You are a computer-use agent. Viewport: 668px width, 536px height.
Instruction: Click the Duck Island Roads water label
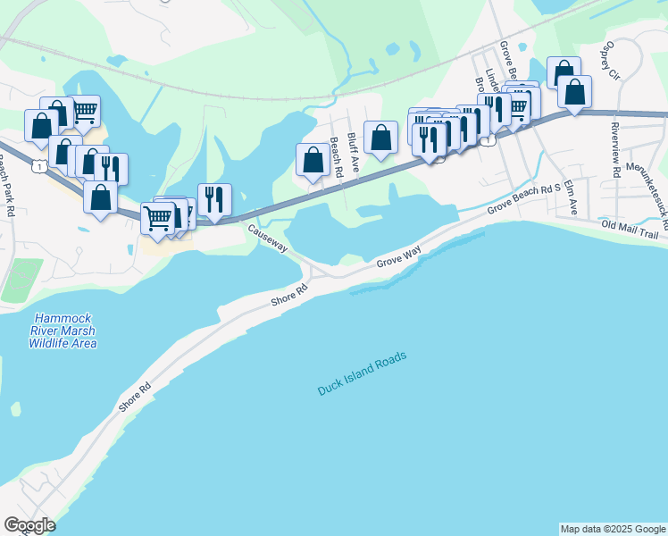click(363, 374)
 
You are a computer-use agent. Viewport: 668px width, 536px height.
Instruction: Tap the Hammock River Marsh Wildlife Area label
click(62, 331)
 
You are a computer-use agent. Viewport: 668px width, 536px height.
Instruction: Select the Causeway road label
click(268, 239)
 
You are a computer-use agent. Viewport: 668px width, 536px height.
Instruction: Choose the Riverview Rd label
click(615, 147)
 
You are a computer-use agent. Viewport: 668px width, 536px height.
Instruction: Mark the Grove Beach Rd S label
click(523, 199)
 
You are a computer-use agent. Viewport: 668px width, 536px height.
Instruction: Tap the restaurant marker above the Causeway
click(214, 199)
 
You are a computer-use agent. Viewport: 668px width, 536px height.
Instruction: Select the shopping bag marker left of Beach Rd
click(313, 161)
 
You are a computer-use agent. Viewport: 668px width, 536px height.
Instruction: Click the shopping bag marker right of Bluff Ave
click(381, 138)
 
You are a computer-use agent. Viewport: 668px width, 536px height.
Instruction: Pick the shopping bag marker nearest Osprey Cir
click(574, 92)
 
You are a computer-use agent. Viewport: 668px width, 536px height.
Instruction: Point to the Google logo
click(29, 525)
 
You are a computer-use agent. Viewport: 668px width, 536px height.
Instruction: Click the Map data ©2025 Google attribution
click(613, 529)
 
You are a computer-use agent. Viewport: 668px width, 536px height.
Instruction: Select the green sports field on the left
click(21, 280)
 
